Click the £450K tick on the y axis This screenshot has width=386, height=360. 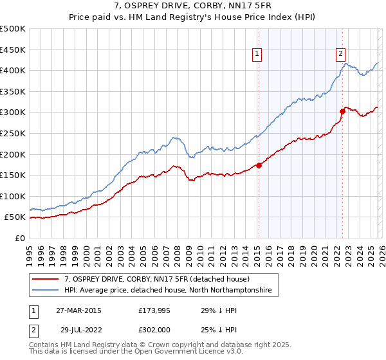pyautogui.click(x=14, y=50)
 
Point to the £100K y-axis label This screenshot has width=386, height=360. pyautogui.click(x=14, y=196)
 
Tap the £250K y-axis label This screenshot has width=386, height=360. pyautogui.click(x=14, y=133)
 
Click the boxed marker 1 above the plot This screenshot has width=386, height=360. pyautogui.click(x=257, y=55)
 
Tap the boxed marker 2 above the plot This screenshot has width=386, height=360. pyautogui.click(x=340, y=55)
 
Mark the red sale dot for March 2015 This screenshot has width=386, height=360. pyautogui.click(x=259, y=165)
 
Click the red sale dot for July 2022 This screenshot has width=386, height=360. pyautogui.click(x=342, y=111)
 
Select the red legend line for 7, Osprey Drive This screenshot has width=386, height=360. pyautogui.click(x=46, y=280)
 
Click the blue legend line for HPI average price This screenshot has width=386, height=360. pyautogui.click(x=46, y=291)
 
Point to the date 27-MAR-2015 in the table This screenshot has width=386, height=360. pyautogui.click(x=78, y=310)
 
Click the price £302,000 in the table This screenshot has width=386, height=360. pyautogui.click(x=154, y=328)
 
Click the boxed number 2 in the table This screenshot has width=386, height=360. pyautogui.click(x=34, y=328)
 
